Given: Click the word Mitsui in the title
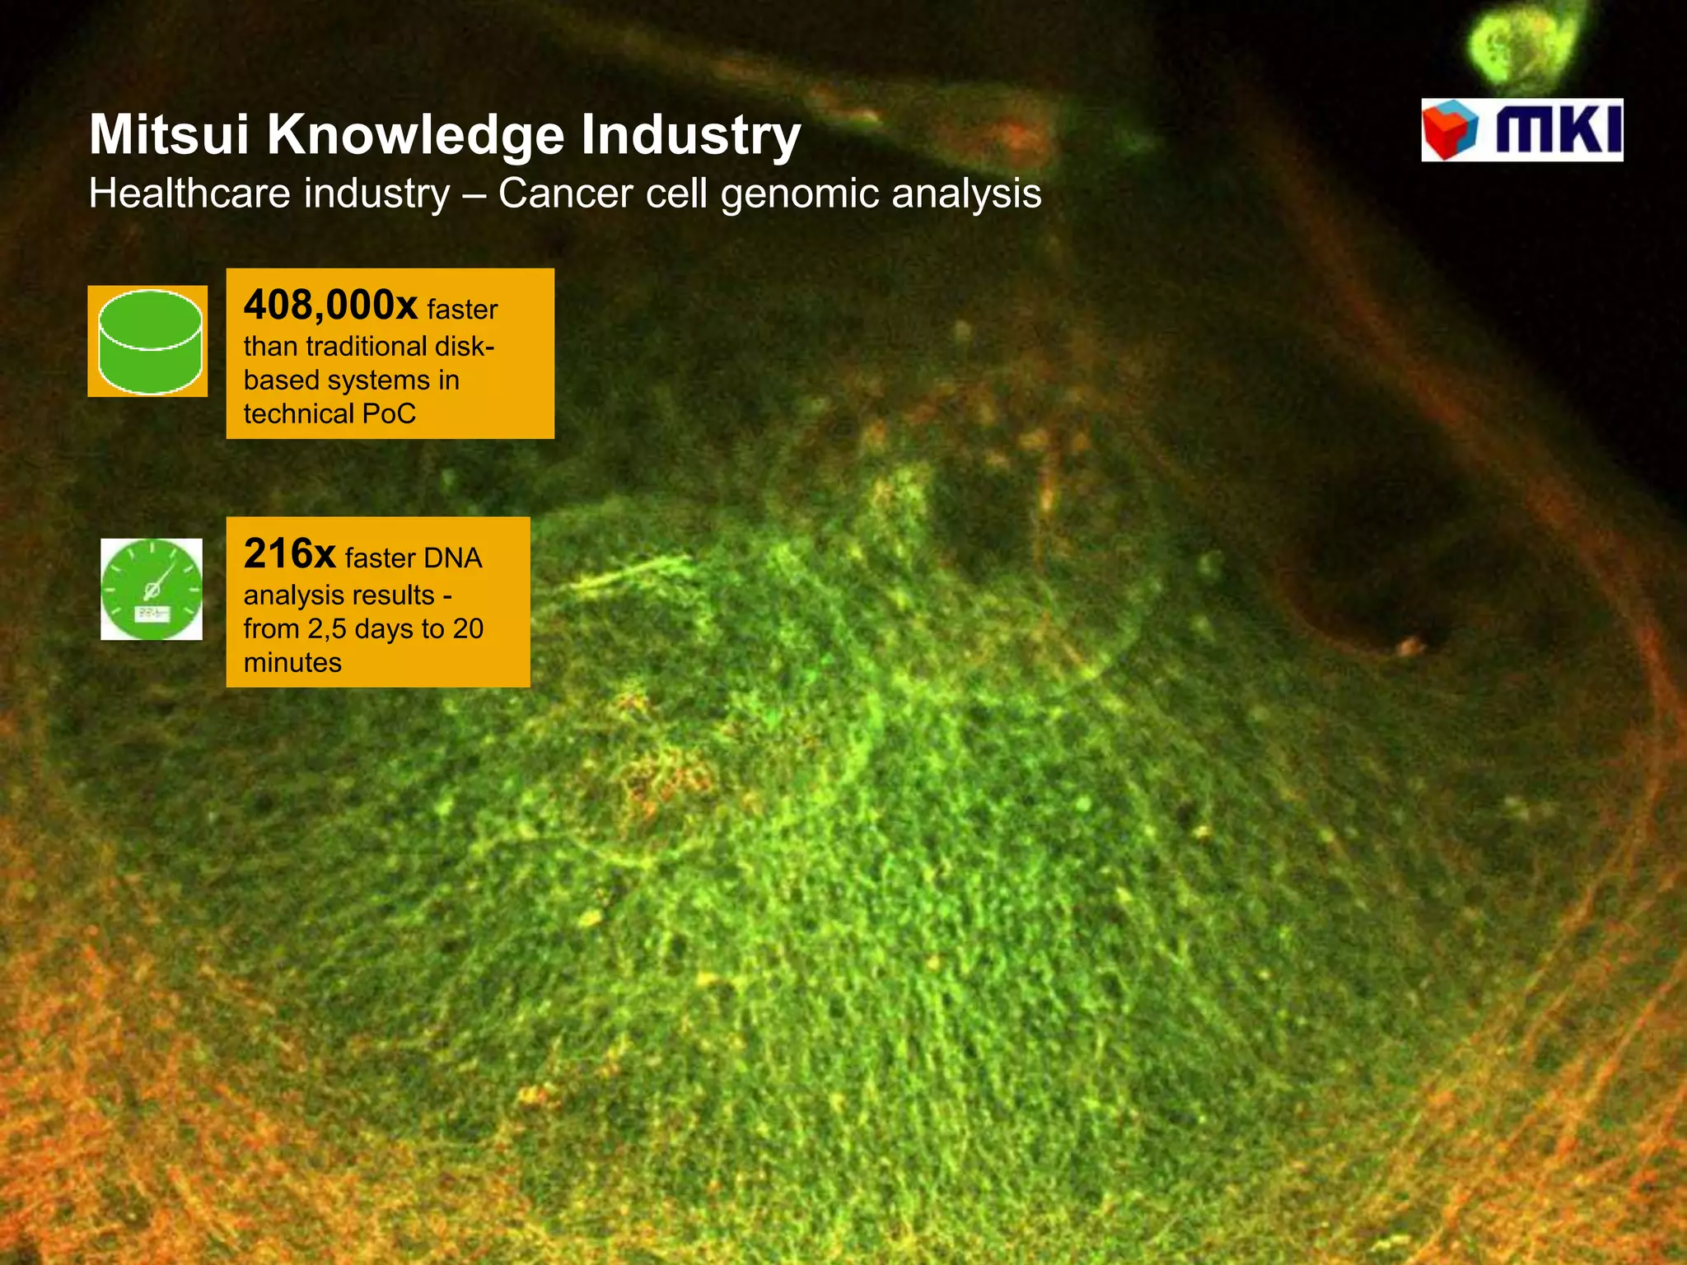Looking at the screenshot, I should click(169, 134).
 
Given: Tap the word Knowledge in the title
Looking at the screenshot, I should click(416, 136).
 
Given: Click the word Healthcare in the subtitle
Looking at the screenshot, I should click(189, 194).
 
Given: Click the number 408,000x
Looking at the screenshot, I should click(330, 306).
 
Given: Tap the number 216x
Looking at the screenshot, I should click(289, 554).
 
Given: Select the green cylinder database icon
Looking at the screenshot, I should click(149, 341).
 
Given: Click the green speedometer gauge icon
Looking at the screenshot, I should click(152, 589).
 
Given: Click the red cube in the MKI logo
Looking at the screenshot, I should click(1450, 130).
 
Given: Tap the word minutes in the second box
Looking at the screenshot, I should click(292, 662).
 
